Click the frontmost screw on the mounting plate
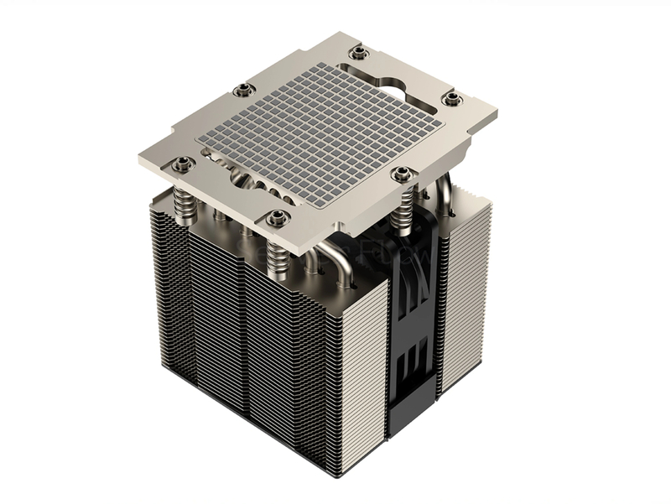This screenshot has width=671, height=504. coord(274,219)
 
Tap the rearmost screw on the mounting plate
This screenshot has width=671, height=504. coord(357,52)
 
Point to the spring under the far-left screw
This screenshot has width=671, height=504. coord(183,200)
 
